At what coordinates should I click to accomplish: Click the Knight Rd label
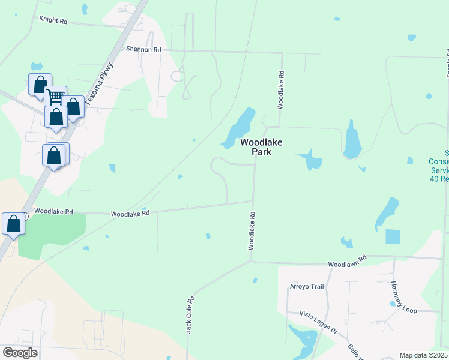point(53,20)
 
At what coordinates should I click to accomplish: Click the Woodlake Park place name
point(261,147)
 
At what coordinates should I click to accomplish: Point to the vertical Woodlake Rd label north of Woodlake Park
point(280,90)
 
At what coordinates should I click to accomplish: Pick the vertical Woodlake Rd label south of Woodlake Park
point(253,230)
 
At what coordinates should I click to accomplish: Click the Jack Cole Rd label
point(190,314)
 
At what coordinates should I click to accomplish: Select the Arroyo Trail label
point(307,287)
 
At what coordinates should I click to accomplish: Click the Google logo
point(20,353)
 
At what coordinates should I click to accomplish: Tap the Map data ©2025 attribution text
point(423,355)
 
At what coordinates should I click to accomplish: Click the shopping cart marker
point(56,96)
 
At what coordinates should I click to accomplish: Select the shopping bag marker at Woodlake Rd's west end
point(14,224)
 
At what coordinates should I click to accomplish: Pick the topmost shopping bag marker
point(40,84)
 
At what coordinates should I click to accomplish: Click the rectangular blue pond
point(393,236)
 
